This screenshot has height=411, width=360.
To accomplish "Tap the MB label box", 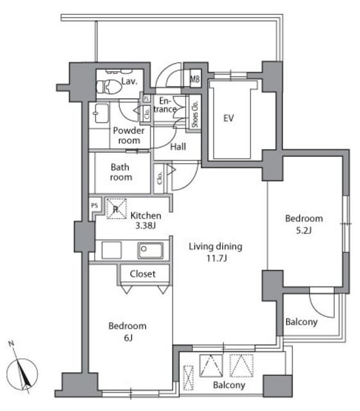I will click(194, 80).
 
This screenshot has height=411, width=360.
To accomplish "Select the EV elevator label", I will click(228, 118).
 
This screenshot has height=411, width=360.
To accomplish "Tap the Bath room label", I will click(121, 173).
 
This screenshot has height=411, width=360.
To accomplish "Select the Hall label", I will click(178, 147).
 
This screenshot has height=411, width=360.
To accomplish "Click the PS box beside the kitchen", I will click(94, 205).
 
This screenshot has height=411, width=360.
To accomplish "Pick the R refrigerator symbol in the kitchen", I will click(116, 209).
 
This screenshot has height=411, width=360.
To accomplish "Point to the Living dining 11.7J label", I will click(215, 251).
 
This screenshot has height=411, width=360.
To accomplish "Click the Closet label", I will click(142, 274).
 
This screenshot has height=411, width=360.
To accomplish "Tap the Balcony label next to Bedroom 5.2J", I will click(301, 322).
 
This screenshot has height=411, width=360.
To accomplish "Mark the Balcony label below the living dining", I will click(228, 385).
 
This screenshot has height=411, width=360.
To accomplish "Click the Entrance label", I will click(166, 105).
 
